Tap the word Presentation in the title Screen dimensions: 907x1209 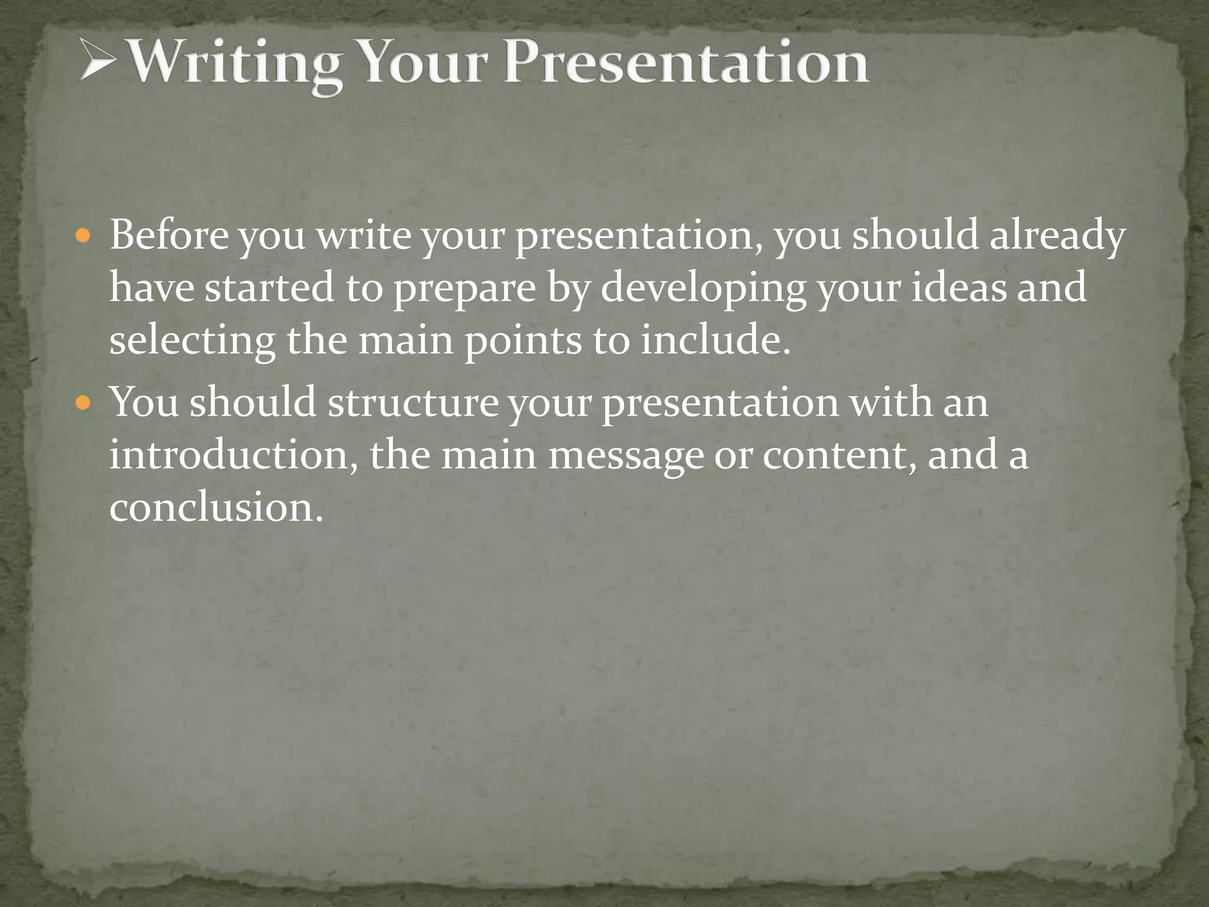[x=685, y=62]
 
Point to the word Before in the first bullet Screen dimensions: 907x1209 [x=169, y=235]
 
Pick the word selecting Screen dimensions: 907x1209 [x=192, y=341]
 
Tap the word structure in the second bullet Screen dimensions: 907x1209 [x=413, y=403]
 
